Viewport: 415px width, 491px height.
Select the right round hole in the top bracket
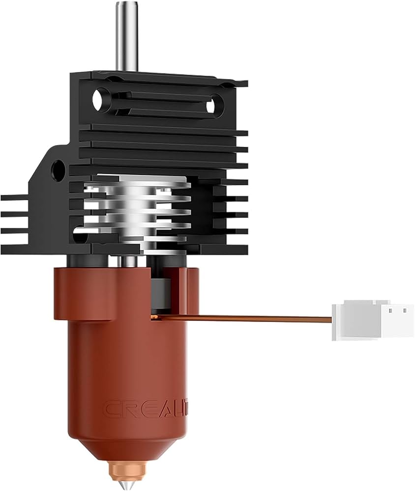pyautogui.click(x=211, y=106)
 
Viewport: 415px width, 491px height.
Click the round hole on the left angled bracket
pyautogui.click(x=58, y=169)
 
